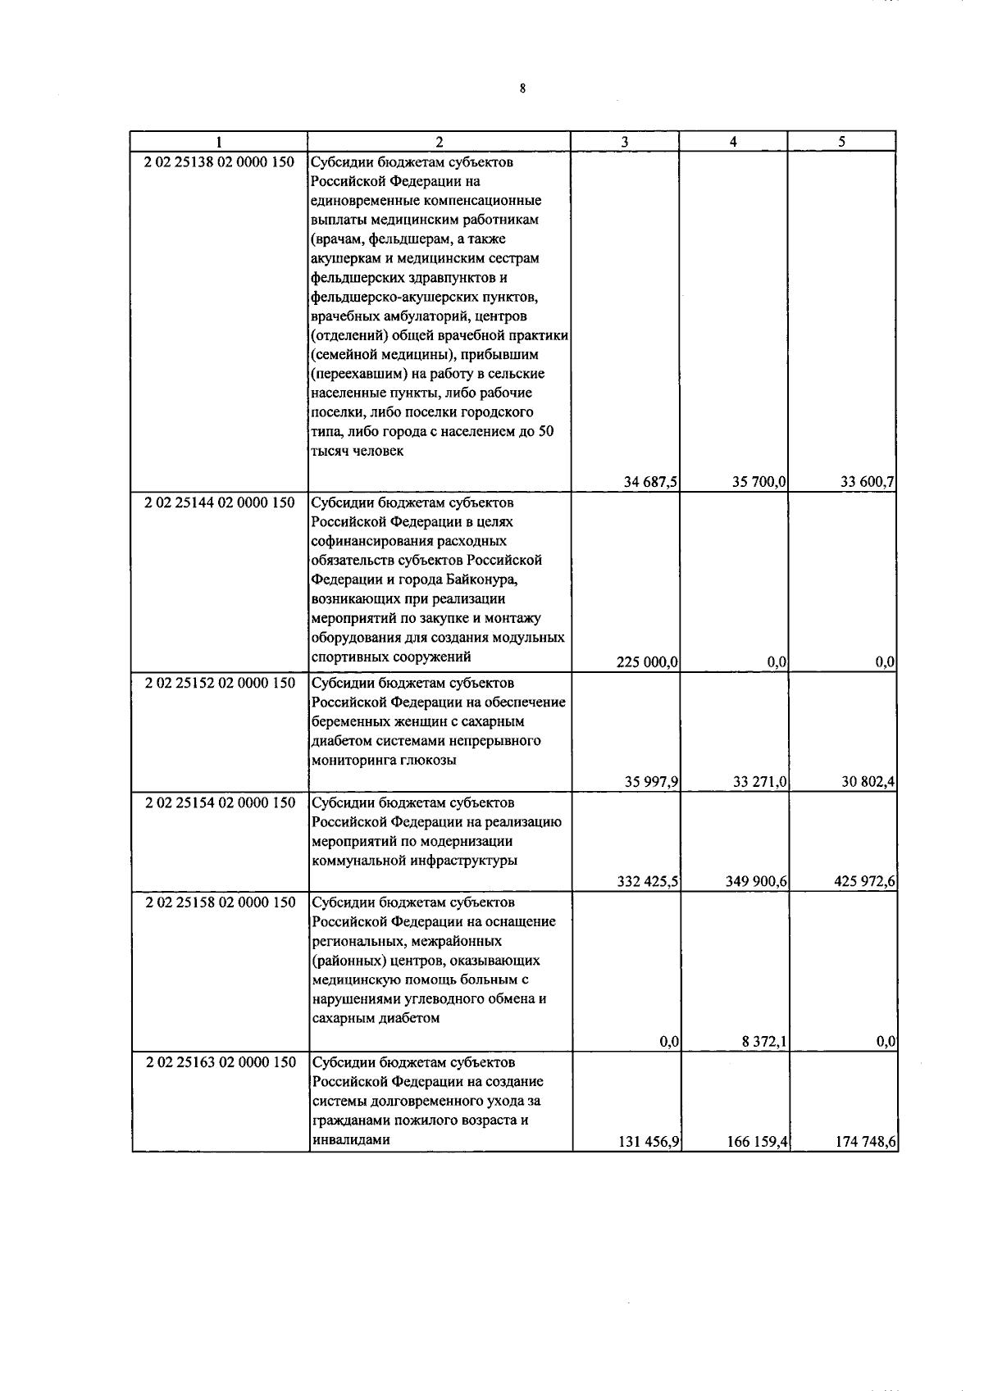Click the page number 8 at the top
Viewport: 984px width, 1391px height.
522,89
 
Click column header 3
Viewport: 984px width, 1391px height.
625,141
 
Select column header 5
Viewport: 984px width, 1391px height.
841,141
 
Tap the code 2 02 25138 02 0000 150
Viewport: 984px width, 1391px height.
219,162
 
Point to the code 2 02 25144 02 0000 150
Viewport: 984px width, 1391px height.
219,502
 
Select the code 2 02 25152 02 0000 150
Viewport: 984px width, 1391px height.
219,683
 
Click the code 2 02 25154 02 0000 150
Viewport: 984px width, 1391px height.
219,803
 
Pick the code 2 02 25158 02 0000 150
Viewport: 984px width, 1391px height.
219,902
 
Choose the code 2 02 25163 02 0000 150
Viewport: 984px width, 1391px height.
219,1062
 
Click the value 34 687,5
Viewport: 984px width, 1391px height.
650,482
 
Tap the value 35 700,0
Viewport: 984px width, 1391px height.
759,482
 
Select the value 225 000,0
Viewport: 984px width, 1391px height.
647,662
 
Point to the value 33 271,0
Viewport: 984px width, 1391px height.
759,783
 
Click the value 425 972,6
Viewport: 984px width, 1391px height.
864,882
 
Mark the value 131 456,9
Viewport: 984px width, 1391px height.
647,1141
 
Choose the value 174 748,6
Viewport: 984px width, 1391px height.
866,1141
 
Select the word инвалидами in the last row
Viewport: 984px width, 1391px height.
350,1139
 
